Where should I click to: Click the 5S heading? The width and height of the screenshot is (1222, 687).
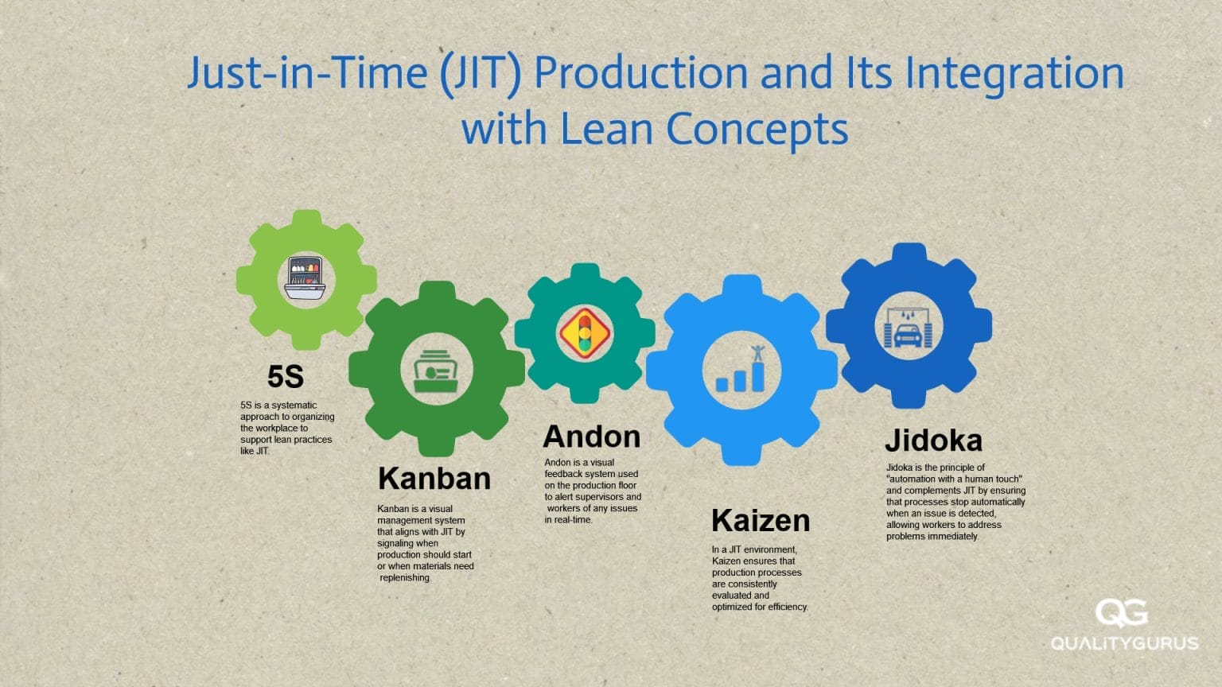286,377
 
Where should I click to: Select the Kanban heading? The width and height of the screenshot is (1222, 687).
434,479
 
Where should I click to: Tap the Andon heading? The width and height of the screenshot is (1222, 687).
591,437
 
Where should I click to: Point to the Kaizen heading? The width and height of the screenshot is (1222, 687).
761,521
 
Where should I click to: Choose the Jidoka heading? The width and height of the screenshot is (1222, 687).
933,441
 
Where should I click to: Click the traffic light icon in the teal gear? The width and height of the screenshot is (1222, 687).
585,333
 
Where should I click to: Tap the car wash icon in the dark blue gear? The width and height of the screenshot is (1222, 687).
909,327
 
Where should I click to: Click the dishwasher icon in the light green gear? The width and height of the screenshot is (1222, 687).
306,278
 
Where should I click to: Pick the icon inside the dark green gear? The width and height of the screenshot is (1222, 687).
437,371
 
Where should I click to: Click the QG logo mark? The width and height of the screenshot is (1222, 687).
1121,613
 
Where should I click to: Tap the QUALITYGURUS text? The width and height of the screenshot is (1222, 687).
1124,642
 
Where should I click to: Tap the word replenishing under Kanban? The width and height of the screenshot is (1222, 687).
405,578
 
